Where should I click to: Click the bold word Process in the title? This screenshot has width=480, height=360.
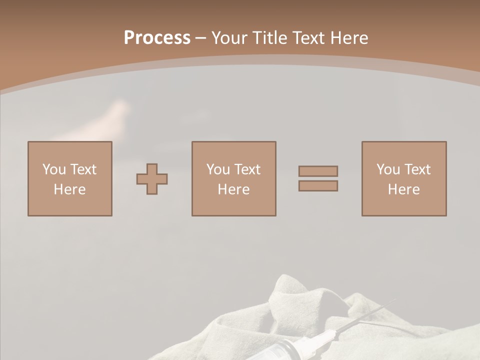[x=157, y=37]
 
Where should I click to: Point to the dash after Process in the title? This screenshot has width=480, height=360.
[x=200, y=38]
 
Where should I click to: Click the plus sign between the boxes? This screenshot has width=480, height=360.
[x=152, y=179]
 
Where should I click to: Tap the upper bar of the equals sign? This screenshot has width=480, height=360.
[x=318, y=171]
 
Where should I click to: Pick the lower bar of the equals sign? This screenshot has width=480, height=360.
[x=318, y=185]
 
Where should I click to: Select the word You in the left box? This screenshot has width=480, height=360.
[x=54, y=169]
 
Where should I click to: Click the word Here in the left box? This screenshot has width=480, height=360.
[x=69, y=189]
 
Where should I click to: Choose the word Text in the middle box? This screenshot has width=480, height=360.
[x=247, y=169]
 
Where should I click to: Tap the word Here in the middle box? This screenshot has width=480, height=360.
[x=233, y=189]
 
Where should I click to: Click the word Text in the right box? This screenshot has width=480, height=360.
[x=417, y=169]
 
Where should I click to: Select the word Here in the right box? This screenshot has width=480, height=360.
[x=403, y=189]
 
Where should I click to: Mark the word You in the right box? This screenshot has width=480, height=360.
[x=388, y=169]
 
